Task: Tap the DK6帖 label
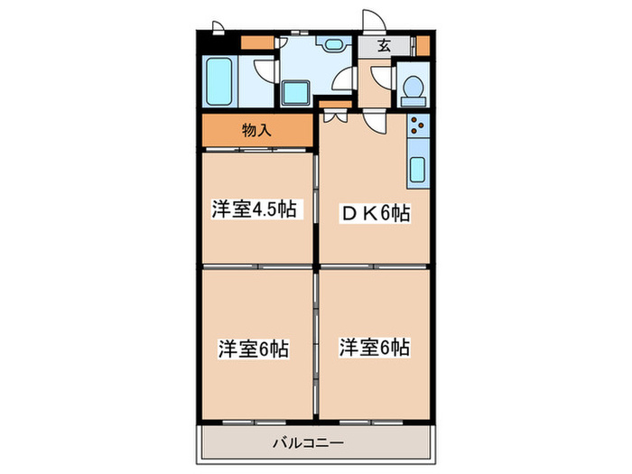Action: [376, 214]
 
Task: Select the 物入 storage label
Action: [256, 130]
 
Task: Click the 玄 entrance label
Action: [384, 46]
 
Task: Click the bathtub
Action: [220, 83]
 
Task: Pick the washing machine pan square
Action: [296, 92]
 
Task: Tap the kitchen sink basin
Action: [418, 169]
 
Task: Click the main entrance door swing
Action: [372, 23]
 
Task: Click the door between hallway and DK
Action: [375, 120]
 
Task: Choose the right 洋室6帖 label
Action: [374, 347]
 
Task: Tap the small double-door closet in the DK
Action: [332, 115]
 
